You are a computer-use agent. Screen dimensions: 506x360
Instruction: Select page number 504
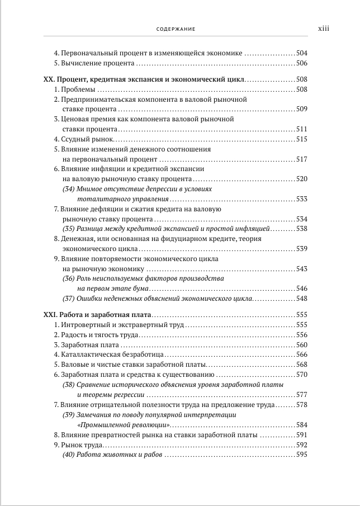[x=302, y=53]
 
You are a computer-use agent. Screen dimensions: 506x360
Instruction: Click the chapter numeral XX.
[x=49, y=79]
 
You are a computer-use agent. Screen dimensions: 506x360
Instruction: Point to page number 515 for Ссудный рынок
[x=302, y=139]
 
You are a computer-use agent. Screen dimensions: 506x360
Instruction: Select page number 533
[x=302, y=199]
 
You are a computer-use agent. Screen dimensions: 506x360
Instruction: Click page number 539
[x=302, y=249]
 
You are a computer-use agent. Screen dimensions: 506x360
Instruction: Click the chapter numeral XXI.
[x=50, y=315]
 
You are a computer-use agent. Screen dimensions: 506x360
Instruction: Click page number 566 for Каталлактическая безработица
[x=302, y=354]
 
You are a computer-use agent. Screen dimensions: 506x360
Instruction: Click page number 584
[x=302, y=424]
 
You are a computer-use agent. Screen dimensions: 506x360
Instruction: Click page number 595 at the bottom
[x=302, y=455]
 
